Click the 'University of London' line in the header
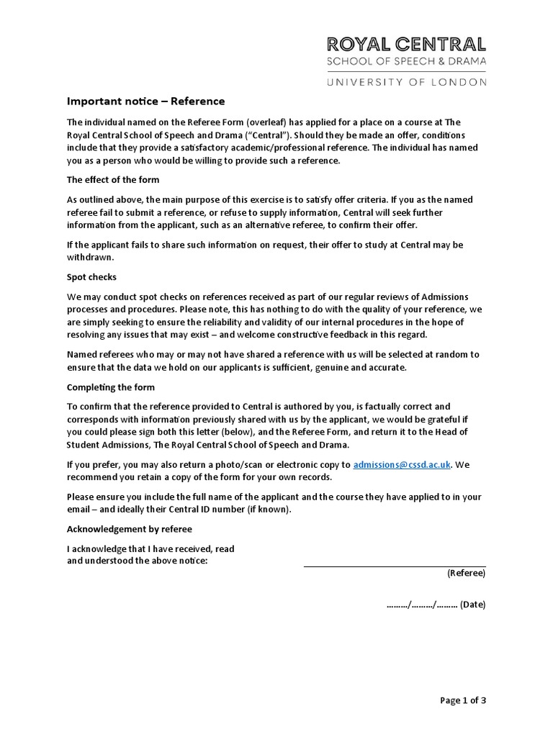tap(406, 82)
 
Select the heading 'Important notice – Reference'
tap(146, 101)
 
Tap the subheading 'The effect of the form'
tap(113, 179)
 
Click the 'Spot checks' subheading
tap(91, 276)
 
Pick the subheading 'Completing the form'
tap(111, 386)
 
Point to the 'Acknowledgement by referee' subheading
tap(130, 529)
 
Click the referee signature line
tap(395, 566)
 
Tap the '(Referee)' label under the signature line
tap(466, 574)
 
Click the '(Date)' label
tap(473, 605)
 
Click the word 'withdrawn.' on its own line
tap(91, 257)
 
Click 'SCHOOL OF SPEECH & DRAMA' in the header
tap(406, 62)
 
